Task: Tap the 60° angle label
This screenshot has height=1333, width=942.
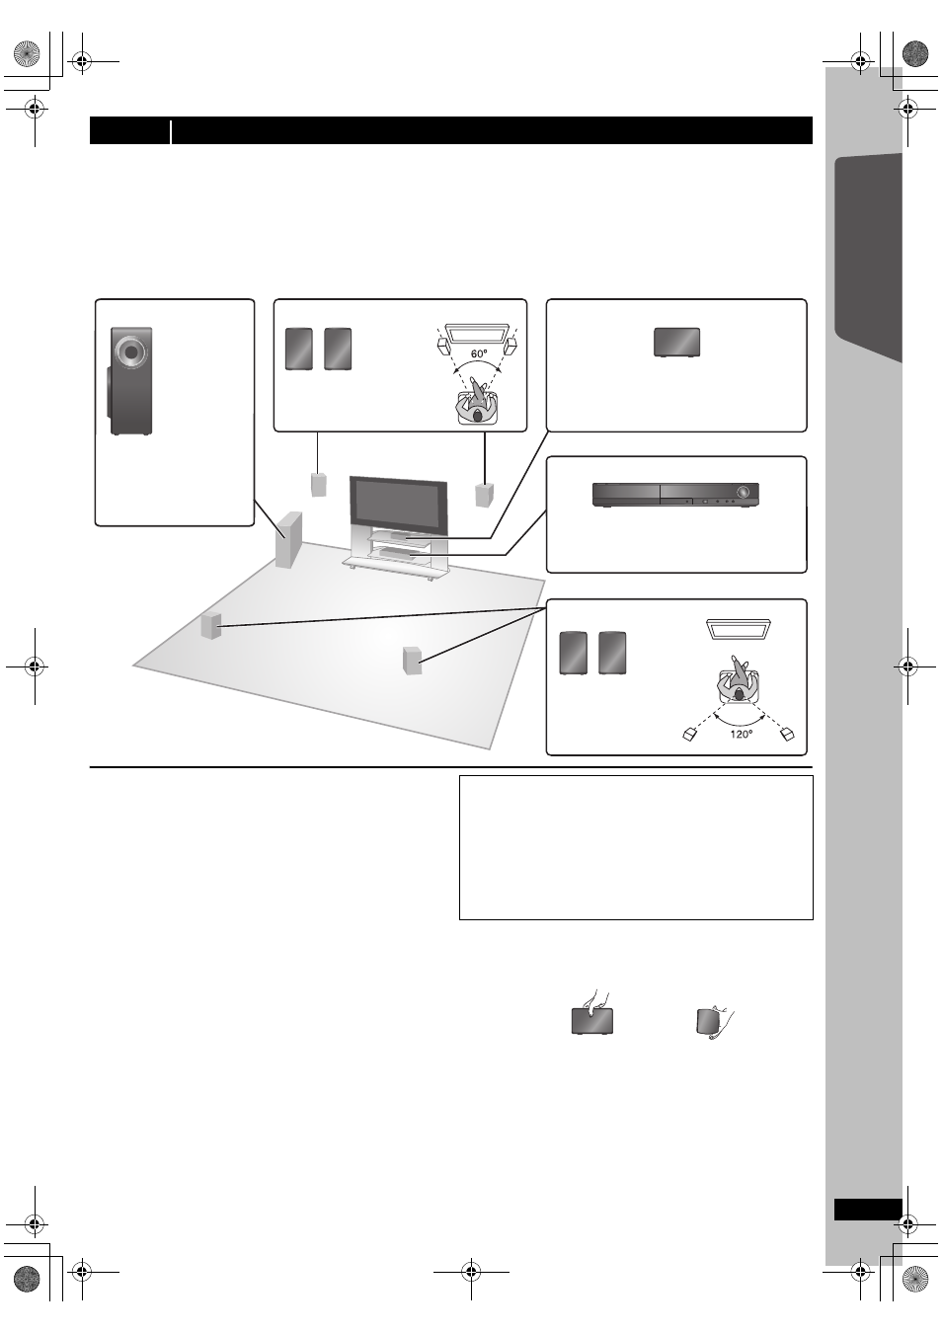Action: coord(479,353)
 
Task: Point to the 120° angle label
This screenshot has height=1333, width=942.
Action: coord(741,734)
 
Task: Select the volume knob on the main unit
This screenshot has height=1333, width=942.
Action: coord(743,492)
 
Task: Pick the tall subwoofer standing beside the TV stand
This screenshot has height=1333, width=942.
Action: coord(288,539)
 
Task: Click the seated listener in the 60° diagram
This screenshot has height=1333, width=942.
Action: coord(477,402)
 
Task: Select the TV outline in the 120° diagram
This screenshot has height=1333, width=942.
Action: coord(739,629)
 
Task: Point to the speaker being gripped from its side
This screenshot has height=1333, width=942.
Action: coord(707,1021)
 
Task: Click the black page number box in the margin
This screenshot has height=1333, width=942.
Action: coord(868,1210)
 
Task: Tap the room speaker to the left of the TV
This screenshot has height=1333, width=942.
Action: coord(319,485)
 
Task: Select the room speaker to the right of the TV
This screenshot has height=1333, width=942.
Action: coord(485,495)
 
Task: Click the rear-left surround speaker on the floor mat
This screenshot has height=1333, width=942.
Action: coord(211,625)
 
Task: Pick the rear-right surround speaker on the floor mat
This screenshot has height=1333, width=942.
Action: coord(413,661)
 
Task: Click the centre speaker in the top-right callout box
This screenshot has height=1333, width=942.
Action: coord(676,343)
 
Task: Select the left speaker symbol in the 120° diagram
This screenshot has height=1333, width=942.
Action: coord(689,735)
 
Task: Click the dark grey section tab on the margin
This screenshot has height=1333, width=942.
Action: coord(868,256)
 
